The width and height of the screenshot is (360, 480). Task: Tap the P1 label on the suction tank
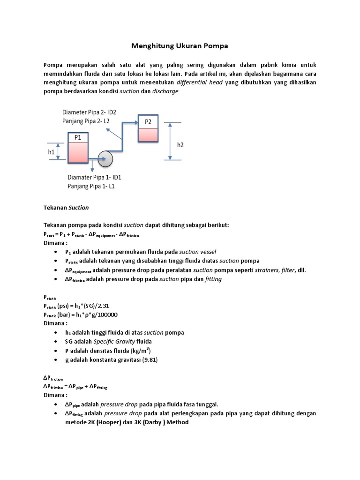[x=77, y=137]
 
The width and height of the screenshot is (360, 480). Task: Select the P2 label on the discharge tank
[x=148, y=121]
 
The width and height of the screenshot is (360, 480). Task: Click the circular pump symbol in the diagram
[x=106, y=159]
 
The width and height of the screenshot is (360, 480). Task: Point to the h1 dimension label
[x=51, y=151]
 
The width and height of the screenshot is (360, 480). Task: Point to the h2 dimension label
[x=180, y=145]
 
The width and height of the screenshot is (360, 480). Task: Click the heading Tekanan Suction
[x=66, y=207]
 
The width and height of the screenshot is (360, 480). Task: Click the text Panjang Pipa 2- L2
[x=86, y=121]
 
